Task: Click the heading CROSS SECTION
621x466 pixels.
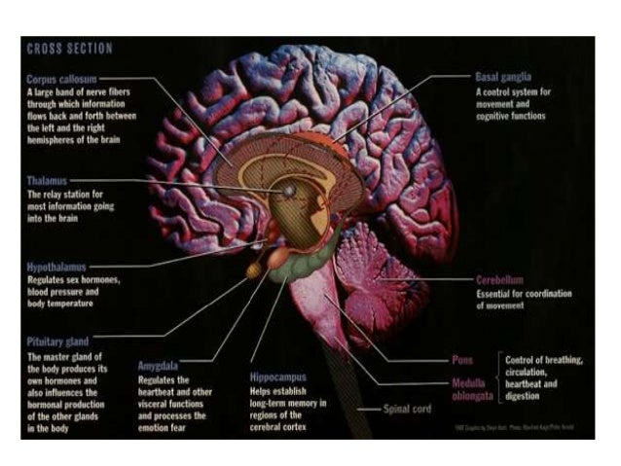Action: [69, 49]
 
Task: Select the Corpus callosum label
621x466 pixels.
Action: [62, 76]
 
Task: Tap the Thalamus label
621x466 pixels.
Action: [49, 180]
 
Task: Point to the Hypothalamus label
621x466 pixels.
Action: [57, 265]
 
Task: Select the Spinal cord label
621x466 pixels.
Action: [408, 409]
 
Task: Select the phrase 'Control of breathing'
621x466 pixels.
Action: [543, 360]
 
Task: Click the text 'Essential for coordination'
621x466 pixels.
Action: [524, 293]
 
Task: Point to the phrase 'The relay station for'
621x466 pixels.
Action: [65, 195]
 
